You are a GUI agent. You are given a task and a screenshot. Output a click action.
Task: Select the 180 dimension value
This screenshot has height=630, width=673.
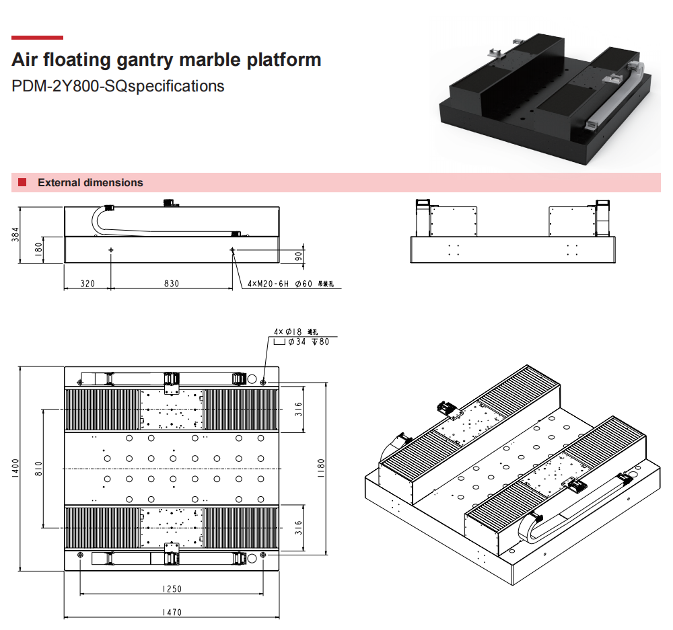38,249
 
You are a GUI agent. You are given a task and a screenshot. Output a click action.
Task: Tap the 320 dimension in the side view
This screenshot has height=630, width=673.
87,284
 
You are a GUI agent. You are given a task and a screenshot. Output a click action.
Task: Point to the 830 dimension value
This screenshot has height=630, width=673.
172,284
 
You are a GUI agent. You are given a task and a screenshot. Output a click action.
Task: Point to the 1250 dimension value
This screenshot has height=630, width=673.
172,590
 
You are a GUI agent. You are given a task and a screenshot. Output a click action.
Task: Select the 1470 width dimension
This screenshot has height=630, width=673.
172,613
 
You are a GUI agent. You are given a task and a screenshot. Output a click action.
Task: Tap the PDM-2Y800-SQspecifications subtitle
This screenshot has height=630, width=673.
118,86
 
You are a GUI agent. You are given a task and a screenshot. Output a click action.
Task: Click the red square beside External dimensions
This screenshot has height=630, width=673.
22,182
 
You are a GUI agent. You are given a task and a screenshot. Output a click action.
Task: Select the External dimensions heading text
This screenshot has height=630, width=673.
90,182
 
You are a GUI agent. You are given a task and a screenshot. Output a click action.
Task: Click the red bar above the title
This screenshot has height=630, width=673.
37,38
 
